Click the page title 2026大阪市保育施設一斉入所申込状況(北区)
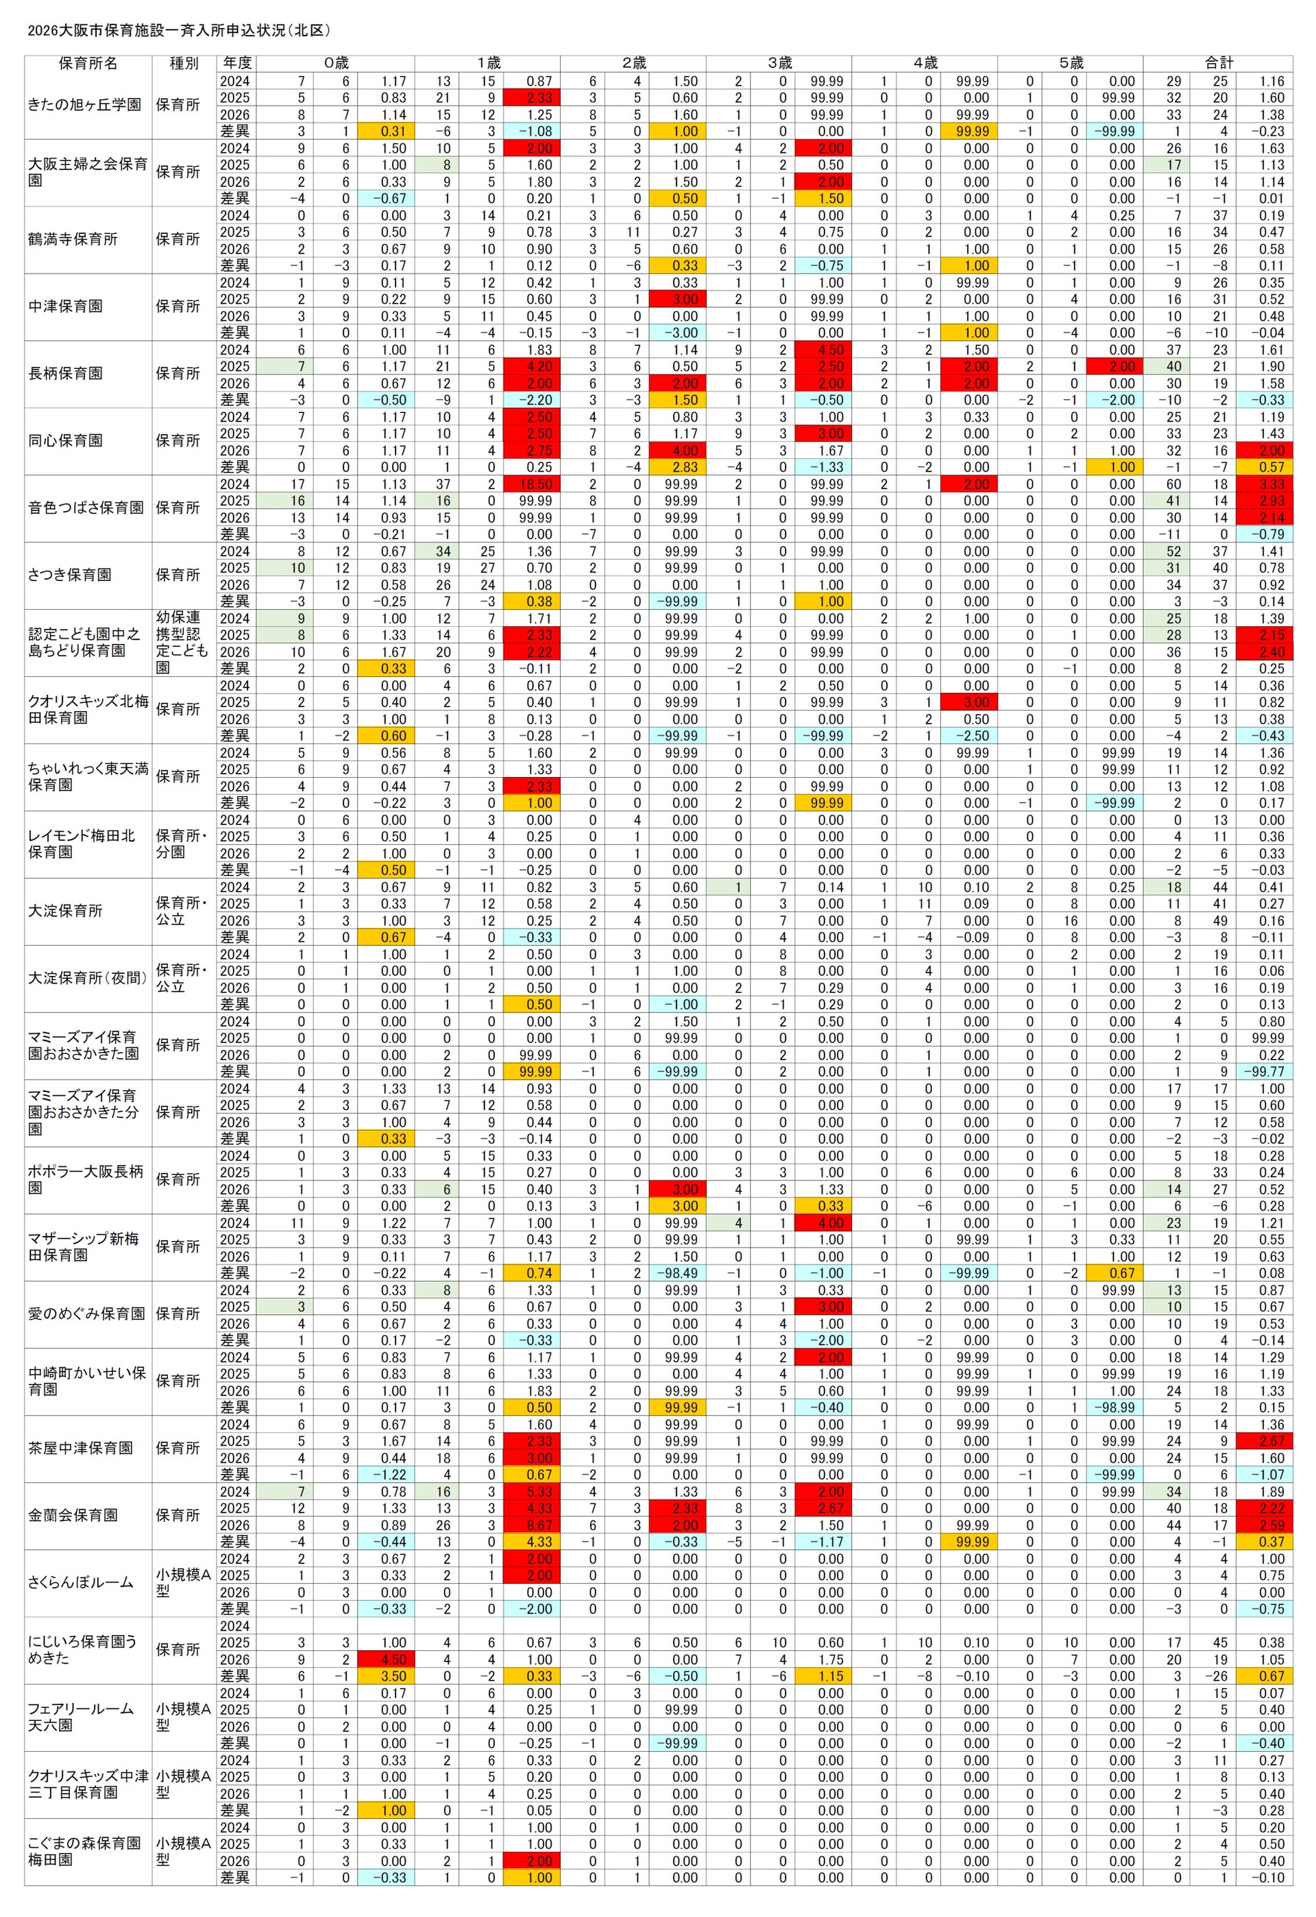click(179, 30)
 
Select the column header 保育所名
click(88, 64)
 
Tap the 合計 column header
click(1219, 64)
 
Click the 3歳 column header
click(779, 64)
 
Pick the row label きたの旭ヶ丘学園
click(84, 106)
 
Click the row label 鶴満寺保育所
click(73, 239)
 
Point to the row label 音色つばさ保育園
click(86, 508)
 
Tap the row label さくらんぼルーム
click(80, 1582)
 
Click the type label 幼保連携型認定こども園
click(178, 643)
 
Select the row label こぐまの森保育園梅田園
click(84, 1851)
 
